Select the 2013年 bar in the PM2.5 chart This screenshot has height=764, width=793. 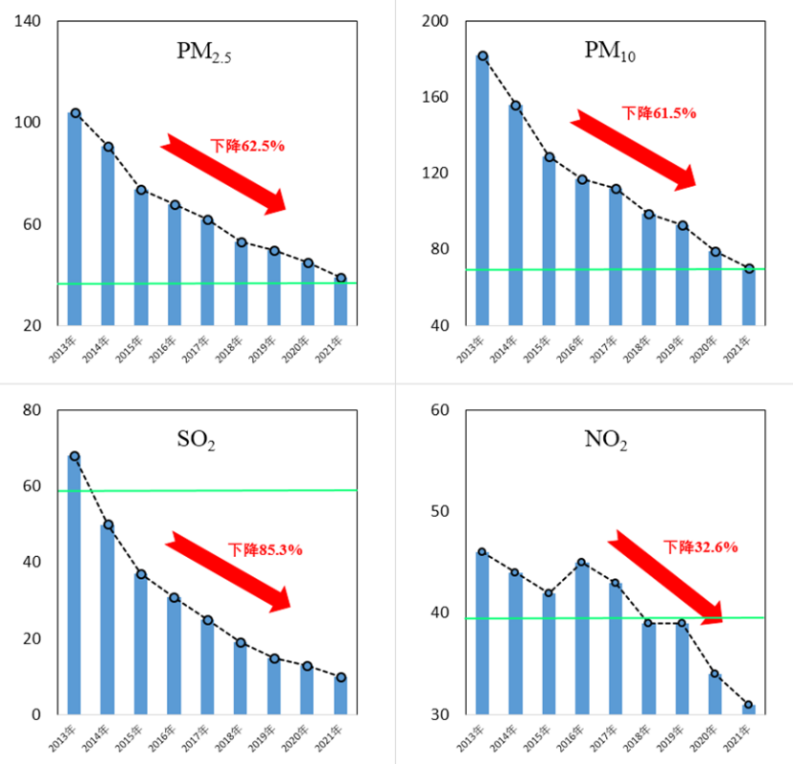click(x=74, y=219)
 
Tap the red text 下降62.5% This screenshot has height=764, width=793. click(x=248, y=146)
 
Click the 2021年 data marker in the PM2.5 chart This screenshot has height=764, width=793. click(x=342, y=279)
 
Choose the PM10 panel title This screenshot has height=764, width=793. click(x=610, y=52)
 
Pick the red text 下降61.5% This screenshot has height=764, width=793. click(x=659, y=113)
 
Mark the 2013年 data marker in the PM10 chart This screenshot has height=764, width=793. click(x=483, y=56)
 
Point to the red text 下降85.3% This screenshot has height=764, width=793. click(x=265, y=549)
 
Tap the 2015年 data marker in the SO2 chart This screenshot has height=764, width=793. click(x=141, y=574)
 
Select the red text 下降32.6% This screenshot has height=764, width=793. click(x=701, y=547)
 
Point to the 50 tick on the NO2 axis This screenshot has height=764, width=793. click(x=440, y=512)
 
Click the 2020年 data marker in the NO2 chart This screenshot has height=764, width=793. click(x=715, y=674)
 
